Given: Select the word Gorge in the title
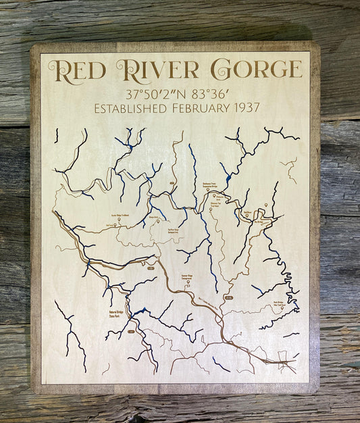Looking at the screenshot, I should [x=256, y=69].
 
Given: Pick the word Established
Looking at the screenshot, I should [x=133, y=108].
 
